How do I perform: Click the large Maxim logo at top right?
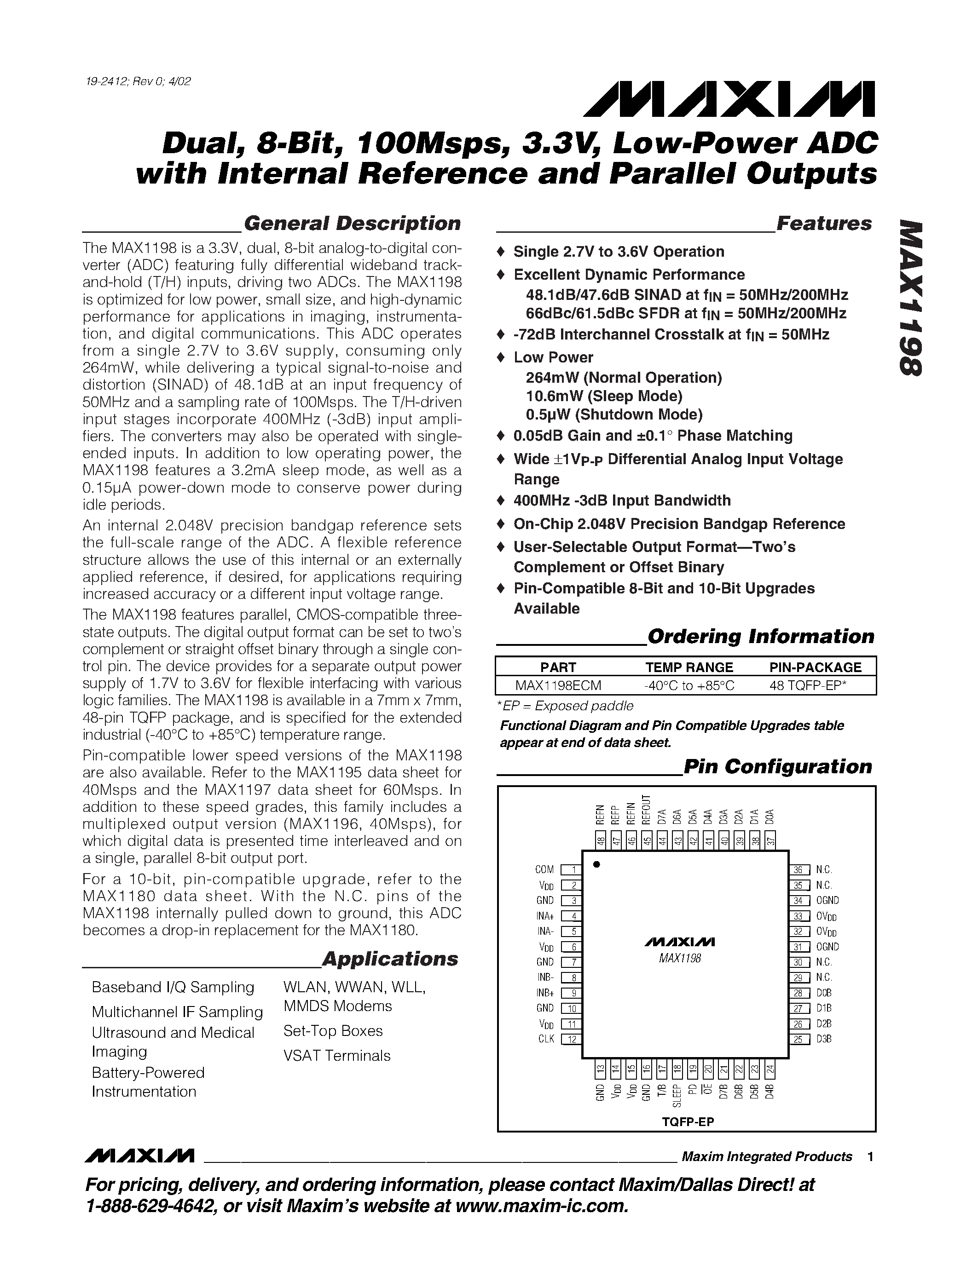pos(729,99)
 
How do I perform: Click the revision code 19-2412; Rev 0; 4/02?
pos(137,81)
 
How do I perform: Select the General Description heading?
pos(352,224)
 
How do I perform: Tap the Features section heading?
pos(823,224)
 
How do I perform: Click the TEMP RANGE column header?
pos(689,667)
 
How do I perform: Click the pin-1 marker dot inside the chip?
pos(596,865)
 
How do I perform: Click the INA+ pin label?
pos(544,916)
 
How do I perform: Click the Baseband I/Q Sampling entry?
pos(173,987)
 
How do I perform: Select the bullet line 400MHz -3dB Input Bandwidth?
pos(622,500)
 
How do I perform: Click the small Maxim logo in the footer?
pos(139,1156)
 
